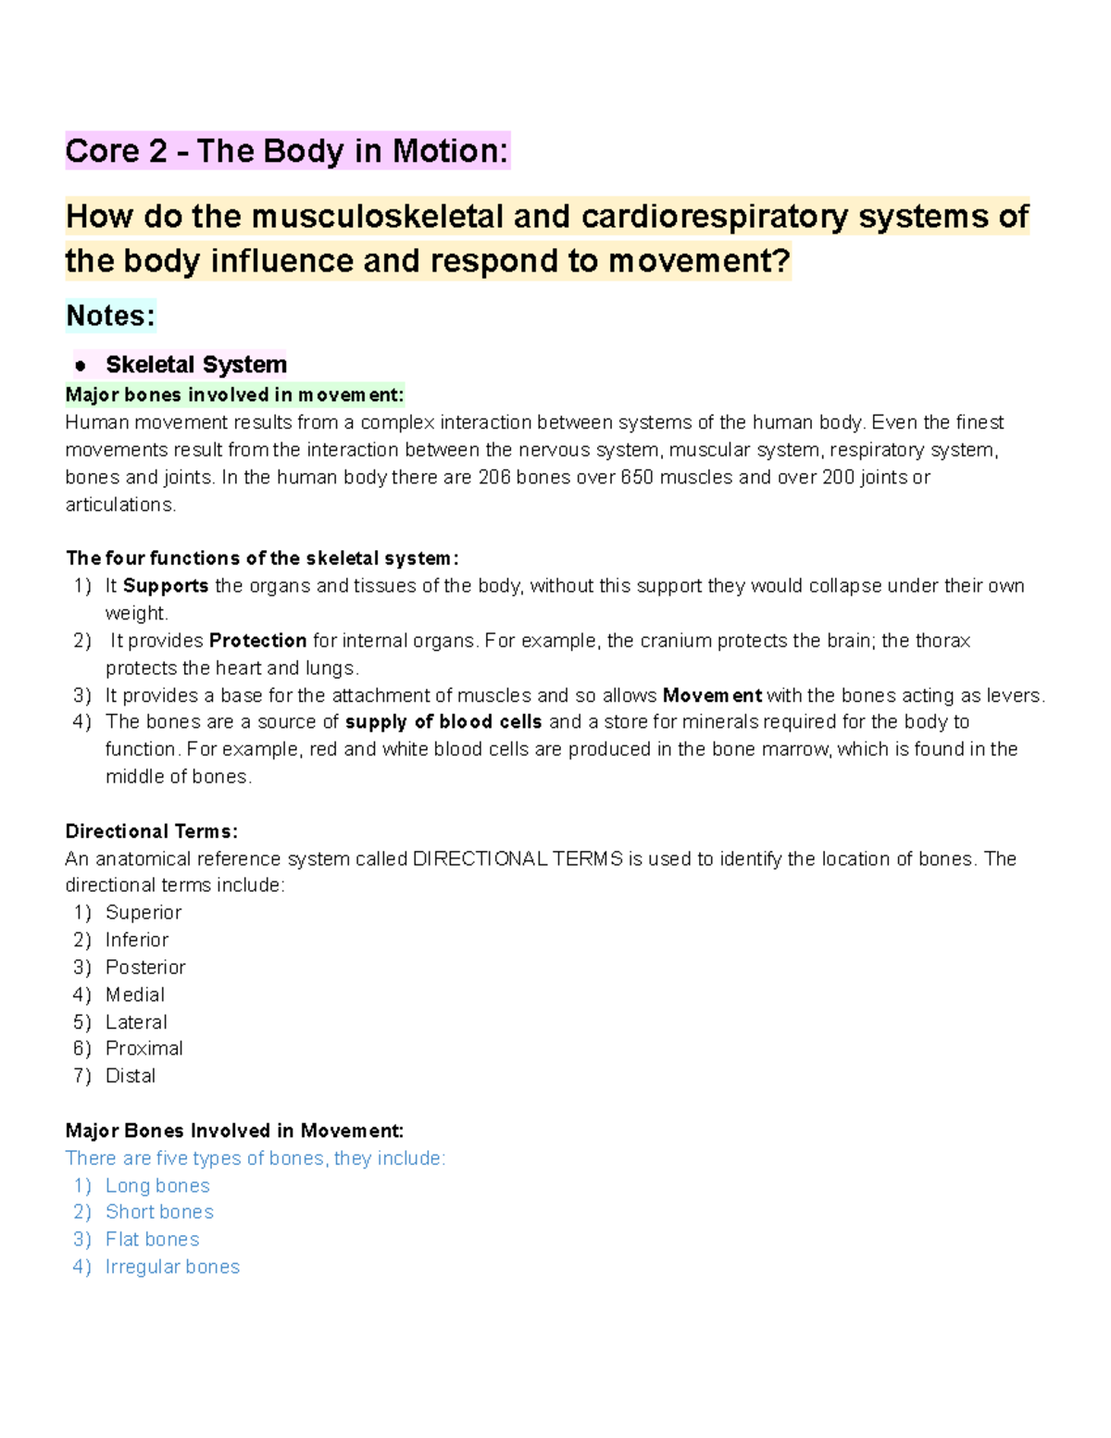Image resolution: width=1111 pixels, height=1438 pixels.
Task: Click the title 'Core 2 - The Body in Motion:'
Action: point(287,151)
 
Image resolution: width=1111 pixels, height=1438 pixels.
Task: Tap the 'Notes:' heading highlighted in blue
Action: point(110,316)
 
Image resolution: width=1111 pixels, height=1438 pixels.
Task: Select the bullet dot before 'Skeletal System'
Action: point(81,366)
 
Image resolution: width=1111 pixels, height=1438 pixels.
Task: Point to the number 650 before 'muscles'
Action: point(636,478)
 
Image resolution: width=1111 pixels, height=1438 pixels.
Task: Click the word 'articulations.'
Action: point(119,505)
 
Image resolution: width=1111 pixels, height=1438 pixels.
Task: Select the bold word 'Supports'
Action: point(166,586)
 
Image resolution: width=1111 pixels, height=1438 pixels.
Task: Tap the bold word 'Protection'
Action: point(257,641)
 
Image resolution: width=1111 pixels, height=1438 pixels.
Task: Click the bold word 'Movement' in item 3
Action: point(712,695)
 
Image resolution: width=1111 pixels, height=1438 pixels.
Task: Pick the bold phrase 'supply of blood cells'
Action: point(443,722)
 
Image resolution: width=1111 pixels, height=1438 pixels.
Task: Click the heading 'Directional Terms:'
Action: point(152,832)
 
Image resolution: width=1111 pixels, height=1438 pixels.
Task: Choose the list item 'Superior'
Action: point(144,913)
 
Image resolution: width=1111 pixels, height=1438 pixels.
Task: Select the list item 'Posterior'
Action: point(145,968)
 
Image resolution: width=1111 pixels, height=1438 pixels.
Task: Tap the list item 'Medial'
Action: point(135,995)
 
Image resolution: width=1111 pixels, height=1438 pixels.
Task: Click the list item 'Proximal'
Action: point(144,1049)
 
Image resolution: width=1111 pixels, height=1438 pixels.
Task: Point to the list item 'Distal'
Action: point(131,1076)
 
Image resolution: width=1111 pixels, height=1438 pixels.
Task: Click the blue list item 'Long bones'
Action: point(157,1186)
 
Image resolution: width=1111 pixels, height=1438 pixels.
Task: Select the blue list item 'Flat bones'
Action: point(152,1240)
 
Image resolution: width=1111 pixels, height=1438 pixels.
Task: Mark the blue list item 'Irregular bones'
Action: point(172,1268)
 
